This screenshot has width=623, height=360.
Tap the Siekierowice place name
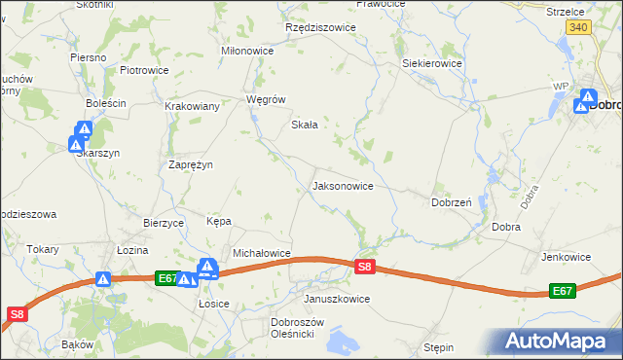pos(432,63)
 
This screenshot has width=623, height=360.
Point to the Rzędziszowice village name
pos(320,28)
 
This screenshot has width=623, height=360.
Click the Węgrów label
pos(266,99)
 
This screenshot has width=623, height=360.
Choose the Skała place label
pos(306,126)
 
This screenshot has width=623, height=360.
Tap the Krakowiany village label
pos(192,106)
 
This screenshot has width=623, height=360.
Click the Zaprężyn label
pos(190,164)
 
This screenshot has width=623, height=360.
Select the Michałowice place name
pos(262,253)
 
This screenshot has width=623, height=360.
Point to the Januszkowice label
pos(337,299)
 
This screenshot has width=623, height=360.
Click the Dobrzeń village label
pos(452,202)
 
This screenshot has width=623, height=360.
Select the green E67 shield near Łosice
pos(166,277)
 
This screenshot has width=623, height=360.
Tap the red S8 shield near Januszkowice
pos(363,266)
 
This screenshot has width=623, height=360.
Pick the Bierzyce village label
pos(164,222)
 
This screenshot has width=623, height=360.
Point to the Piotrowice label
pos(144,70)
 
